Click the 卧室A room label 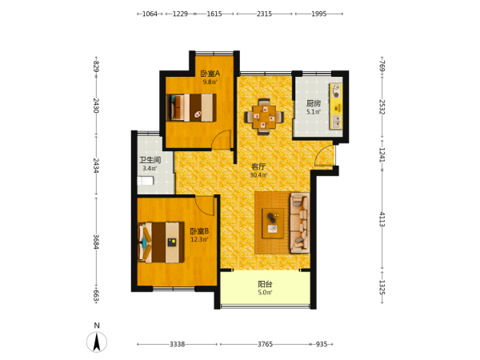coord(210,74)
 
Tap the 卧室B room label coord(199,231)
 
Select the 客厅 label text coord(258,167)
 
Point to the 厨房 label coord(314,103)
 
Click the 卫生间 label coord(150,160)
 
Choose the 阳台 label coord(265,284)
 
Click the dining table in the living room coord(264,117)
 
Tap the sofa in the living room coord(300,222)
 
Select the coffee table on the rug coord(273,223)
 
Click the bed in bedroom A coord(191,107)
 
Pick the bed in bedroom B coord(161,242)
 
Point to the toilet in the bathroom coord(146,181)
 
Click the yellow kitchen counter coord(336,106)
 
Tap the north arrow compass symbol coord(97,342)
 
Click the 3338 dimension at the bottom coord(178,344)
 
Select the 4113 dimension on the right coord(382,219)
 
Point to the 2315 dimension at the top coord(264,14)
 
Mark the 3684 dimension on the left coord(96,242)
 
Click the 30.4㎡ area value coord(258,175)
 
